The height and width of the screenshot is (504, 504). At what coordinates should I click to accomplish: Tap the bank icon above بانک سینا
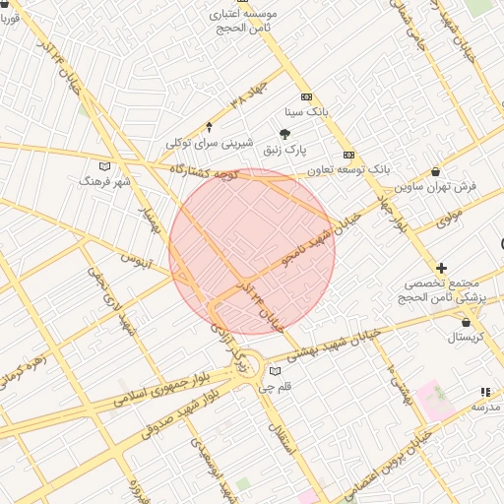[x=307, y=96]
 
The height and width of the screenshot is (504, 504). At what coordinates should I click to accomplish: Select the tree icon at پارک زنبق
[x=285, y=133]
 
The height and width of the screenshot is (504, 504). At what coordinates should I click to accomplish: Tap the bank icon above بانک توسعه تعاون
[x=348, y=155]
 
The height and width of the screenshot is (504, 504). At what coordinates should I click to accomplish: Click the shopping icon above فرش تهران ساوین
[x=435, y=171]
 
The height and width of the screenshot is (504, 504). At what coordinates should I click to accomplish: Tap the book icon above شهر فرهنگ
[x=105, y=165]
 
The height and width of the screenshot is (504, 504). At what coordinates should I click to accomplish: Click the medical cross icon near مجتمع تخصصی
[x=441, y=267]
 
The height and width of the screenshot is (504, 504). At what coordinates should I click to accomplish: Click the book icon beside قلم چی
[x=275, y=371]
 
